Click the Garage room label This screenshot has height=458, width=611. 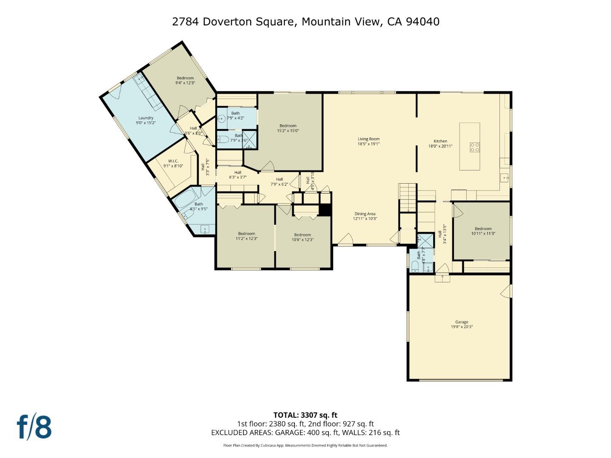(x=462, y=324)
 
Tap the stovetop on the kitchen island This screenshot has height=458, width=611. (x=475, y=147)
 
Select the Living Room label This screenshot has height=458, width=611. (x=368, y=141)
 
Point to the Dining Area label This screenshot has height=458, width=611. (x=365, y=216)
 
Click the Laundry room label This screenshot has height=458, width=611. (x=146, y=120)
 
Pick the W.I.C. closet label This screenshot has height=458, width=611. (x=173, y=163)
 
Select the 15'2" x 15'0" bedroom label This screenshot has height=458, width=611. (x=288, y=128)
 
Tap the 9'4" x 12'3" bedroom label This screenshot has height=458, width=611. (x=185, y=80)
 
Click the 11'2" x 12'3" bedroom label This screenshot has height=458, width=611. (x=247, y=236)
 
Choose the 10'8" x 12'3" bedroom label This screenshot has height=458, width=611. (x=303, y=237)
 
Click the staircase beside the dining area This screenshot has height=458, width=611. (x=407, y=198)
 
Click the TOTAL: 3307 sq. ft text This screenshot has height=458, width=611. (x=305, y=415)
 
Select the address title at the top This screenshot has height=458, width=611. (x=305, y=22)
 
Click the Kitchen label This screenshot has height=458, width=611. (x=440, y=143)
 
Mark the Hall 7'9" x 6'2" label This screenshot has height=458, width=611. (x=279, y=182)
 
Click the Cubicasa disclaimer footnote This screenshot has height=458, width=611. (x=305, y=445)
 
